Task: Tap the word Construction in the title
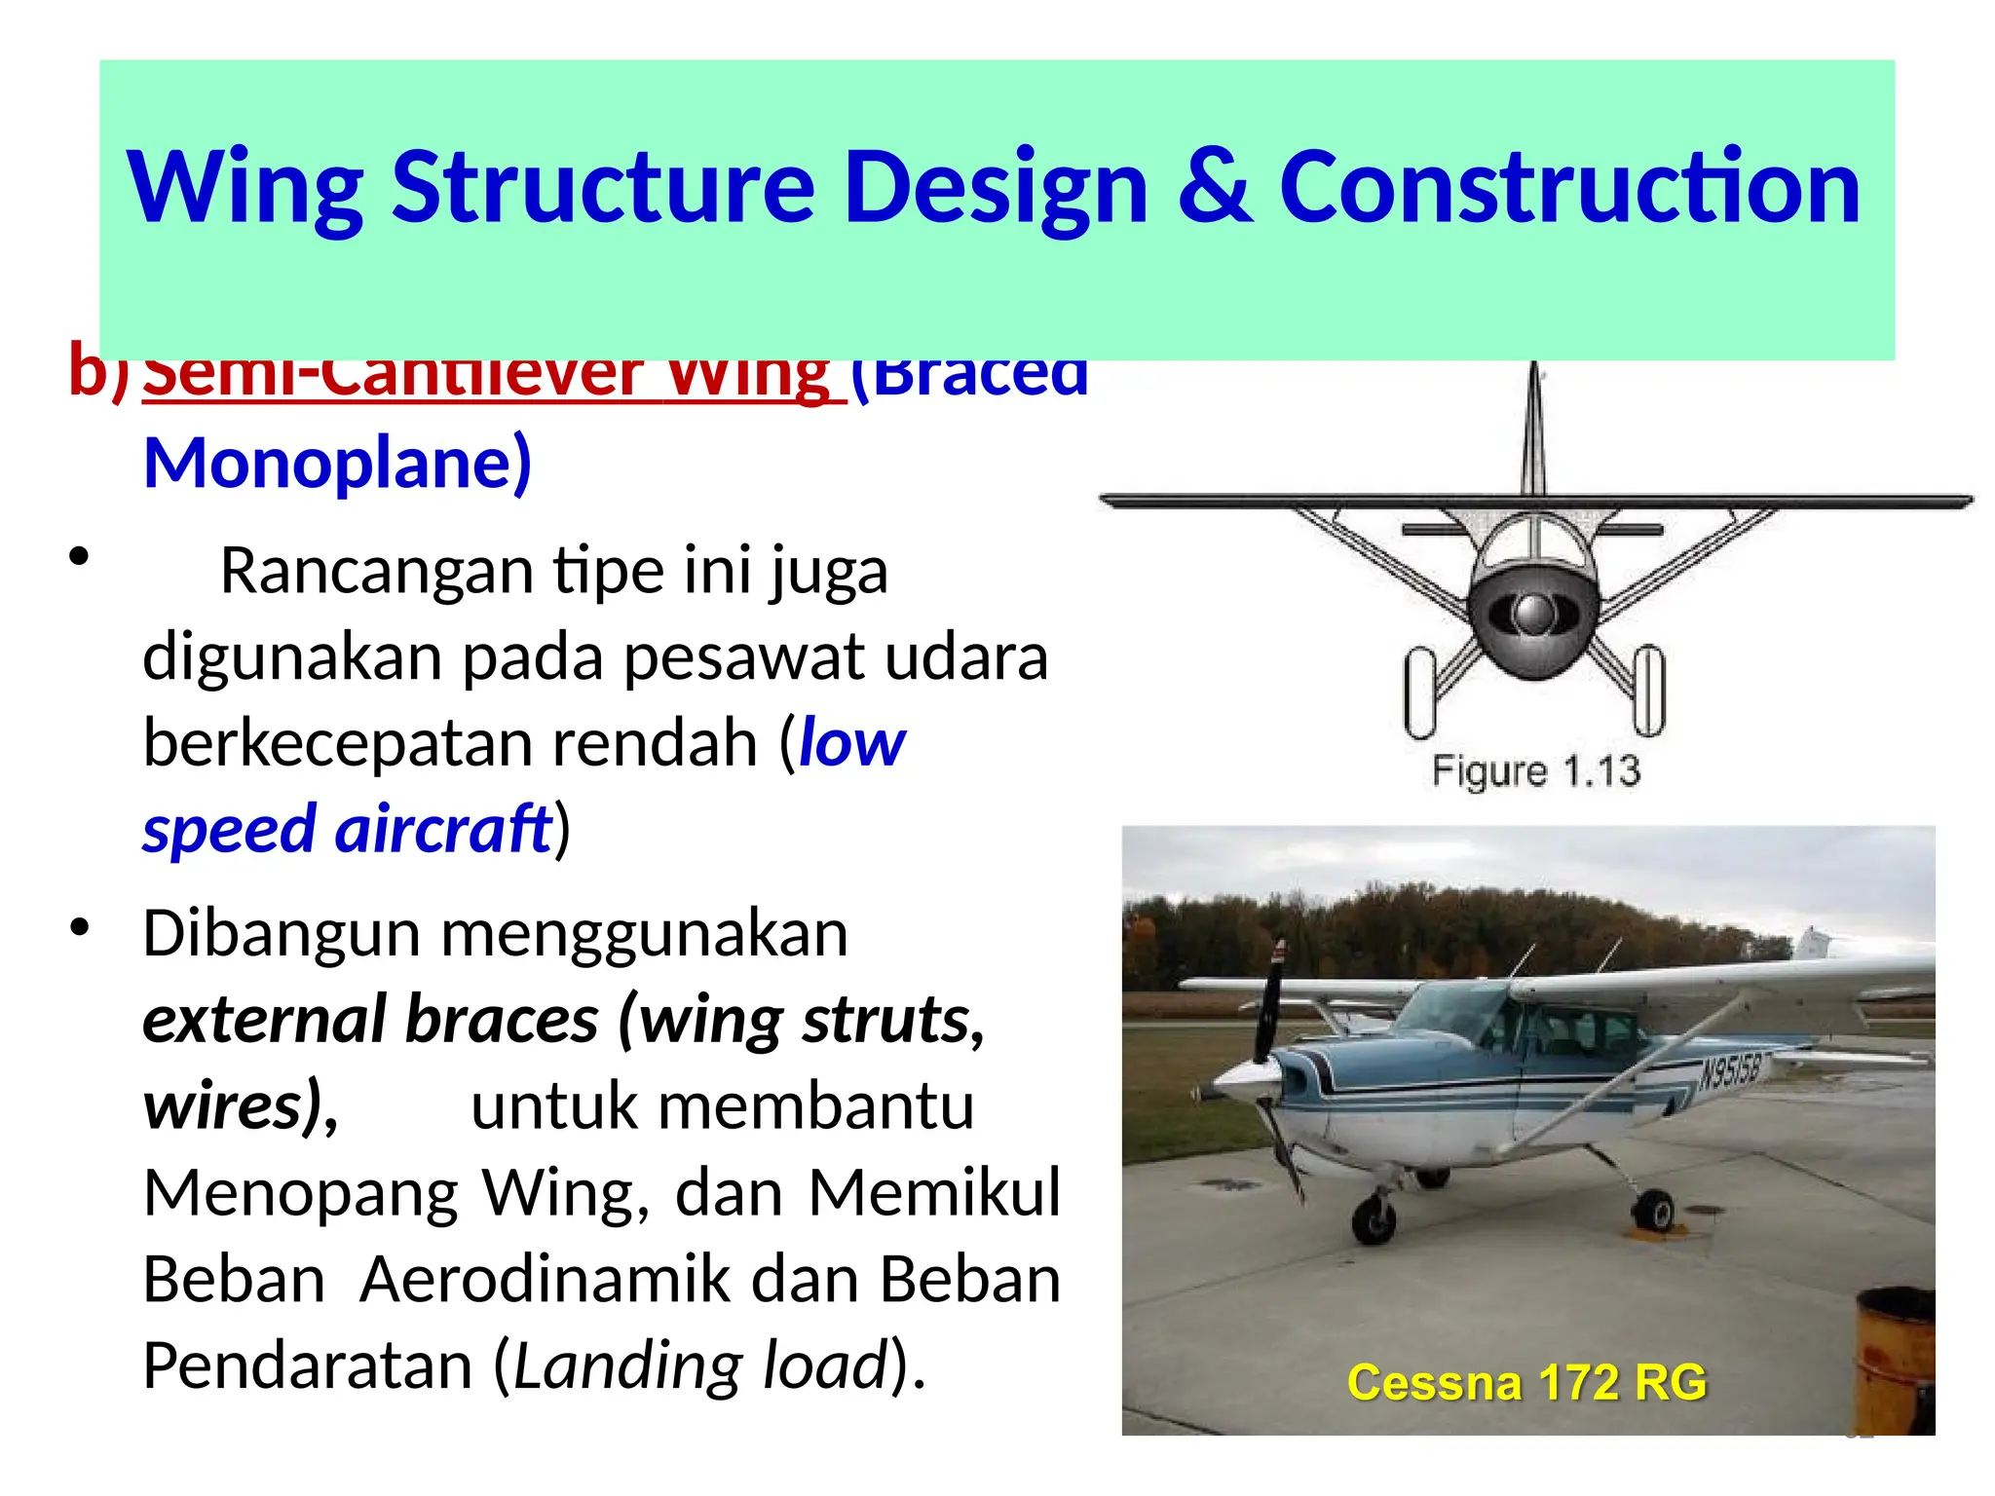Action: click(1569, 187)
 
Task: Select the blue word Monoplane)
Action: click(337, 463)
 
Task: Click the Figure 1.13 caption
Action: click(1535, 770)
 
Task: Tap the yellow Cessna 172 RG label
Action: click(1526, 1382)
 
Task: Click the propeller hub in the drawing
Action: click(1534, 613)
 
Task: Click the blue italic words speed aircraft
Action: click(347, 830)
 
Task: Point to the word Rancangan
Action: click(376, 571)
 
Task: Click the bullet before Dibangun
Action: click(80, 927)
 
